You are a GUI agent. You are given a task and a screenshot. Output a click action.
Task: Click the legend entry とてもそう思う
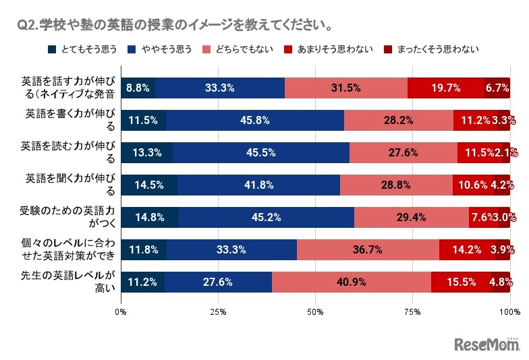[x=82, y=49]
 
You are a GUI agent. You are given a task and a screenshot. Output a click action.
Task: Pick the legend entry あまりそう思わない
[x=327, y=49]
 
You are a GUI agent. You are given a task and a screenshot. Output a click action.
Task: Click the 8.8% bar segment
[x=138, y=88]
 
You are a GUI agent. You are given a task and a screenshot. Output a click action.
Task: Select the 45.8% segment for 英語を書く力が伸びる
[x=255, y=121]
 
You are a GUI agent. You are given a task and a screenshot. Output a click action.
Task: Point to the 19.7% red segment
[x=446, y=88]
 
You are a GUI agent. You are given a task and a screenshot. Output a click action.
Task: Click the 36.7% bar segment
[x=368, y=249]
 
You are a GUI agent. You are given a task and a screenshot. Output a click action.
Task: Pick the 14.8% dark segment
[x=150, y=217]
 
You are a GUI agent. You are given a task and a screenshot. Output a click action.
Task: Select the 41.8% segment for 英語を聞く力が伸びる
[x=258, y=185]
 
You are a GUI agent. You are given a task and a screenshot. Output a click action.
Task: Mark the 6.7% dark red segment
[x=497, y=88]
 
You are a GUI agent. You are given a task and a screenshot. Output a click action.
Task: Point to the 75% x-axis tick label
[x=412, y=312]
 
